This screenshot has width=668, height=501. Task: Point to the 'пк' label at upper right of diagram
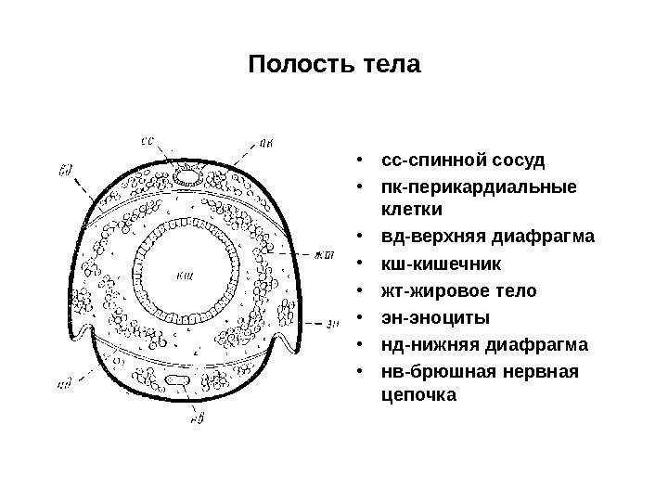[x=265, y=142]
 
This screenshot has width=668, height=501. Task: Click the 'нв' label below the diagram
[x=197, y=418]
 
